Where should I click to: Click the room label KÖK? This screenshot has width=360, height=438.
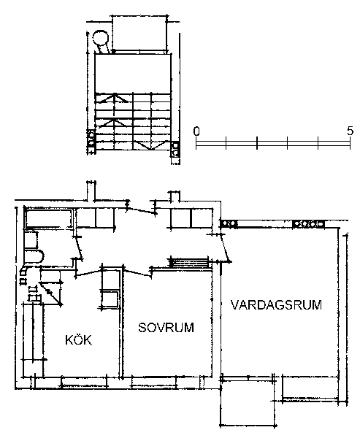pos(78,339)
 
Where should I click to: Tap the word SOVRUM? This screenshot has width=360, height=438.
pos(166,327)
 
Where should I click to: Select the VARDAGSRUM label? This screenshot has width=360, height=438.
pos(276,304)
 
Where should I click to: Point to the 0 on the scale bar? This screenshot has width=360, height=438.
pos(196,131)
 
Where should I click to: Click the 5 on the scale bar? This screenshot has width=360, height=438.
pos(351,131)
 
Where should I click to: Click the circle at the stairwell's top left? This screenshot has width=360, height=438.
pos(101,37)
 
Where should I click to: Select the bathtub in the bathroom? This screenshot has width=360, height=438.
pos(48,219)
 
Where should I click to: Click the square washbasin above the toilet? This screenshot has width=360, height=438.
pos(31,240)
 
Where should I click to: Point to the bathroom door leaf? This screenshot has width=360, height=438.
pos(79,248)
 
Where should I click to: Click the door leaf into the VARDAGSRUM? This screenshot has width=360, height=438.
pos(226,247)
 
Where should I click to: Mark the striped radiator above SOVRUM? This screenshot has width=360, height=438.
pos(189,263)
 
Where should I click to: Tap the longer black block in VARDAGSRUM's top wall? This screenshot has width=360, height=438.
pos(309,224)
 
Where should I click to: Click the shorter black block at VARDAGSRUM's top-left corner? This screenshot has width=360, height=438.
pos(229,223)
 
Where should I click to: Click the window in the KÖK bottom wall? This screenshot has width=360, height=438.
pos(85,382)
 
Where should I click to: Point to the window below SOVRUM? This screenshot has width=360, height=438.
pos(154,382)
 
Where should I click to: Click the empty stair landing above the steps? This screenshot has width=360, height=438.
pos(133,74)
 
